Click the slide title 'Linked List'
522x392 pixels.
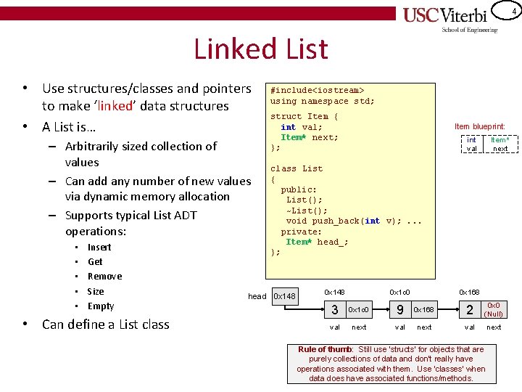pos(260,49)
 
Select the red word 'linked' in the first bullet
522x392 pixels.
pos(115,106)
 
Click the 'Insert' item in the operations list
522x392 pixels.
pos(99,247)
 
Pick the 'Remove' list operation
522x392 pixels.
pos(104,276)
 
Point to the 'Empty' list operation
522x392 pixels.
pos(101,306)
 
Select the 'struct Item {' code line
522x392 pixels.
pos(304,116)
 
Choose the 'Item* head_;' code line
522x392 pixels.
pos(317,242)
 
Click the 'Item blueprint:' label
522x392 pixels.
pos(479,126)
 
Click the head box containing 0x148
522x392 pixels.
pos(284,296)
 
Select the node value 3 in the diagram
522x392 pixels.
pos(334,310)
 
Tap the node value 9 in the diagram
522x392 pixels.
pos(399,310)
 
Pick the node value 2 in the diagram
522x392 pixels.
pos(470,310)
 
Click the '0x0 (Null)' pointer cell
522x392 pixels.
pos(494,310)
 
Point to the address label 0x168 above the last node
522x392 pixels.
pos(470,292)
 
